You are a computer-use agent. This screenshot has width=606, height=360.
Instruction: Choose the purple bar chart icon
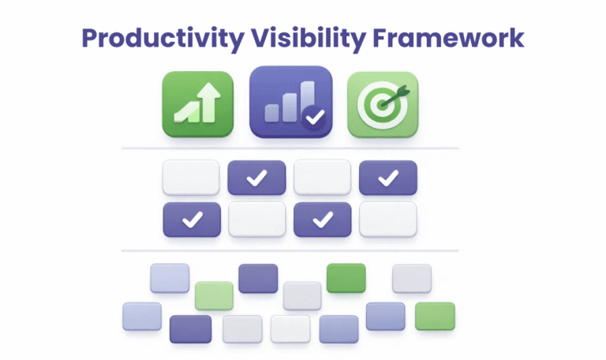click(290, 103)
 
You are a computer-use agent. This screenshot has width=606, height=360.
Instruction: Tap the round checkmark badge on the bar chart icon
click(315, 119)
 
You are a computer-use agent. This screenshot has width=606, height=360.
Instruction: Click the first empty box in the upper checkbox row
click(191, 178)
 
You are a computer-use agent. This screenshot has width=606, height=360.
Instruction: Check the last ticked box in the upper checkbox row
click(387, 178)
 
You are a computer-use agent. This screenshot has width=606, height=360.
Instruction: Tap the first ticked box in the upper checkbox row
click(256, 178)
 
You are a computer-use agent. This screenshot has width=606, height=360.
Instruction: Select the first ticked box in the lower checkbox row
click(190, 219)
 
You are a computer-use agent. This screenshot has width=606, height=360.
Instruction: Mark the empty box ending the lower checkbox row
click(387, 219)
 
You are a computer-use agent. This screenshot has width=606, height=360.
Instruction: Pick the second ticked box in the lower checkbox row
click(322, 219)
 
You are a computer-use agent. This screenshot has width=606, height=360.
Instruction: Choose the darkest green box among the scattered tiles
click(346, 278)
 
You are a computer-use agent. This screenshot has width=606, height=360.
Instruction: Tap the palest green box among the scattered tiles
click(214, 295)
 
